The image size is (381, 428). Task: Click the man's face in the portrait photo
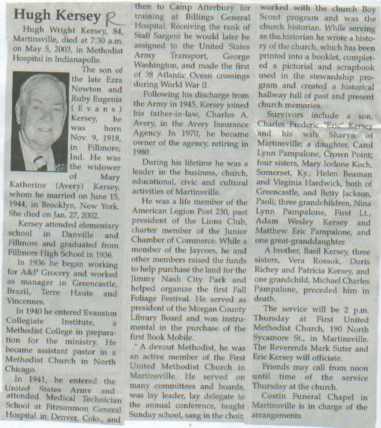40,119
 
